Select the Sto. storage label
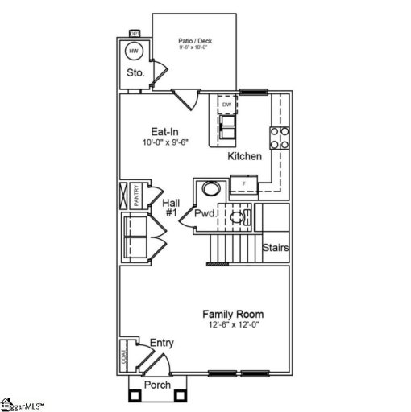[x=135, y=72]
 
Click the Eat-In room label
[x=165, y=131]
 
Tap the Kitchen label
[x=244, y=155]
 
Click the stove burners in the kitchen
[x=279, y=138]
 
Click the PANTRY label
[x=137, y=196]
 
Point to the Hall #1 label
[x=171, y=208]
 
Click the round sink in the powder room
[x=210, y=190]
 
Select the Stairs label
[x=276, y=248]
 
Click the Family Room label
[x=233, y=314]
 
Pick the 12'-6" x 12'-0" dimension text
[x=233, y=325]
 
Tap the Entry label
[x=161, y=343]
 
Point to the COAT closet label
[x=125, y=355]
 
